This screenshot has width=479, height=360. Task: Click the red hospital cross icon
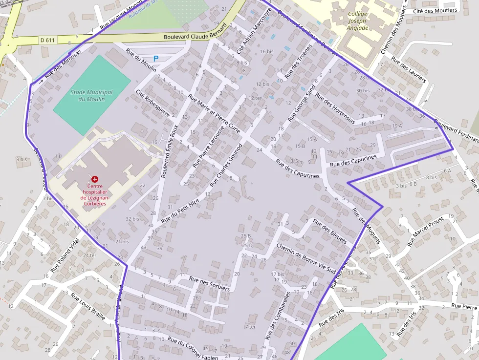pos(95,179)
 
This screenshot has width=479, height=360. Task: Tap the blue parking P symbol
pos(156,59)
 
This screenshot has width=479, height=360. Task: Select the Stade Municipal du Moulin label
pos(91,95)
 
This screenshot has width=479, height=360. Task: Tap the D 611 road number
pos(48,40)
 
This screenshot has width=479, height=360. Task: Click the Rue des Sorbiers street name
pos(209,284)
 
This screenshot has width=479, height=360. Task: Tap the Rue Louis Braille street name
pos(88,306)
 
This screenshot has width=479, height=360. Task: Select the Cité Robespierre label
pos(152,103)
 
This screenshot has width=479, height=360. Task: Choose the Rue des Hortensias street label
pos(335,108)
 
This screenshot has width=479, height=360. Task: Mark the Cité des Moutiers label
pos(435,10)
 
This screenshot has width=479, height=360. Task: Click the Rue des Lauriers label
pos(409,69)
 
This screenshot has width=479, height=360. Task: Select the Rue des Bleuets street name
pos(329,231)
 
